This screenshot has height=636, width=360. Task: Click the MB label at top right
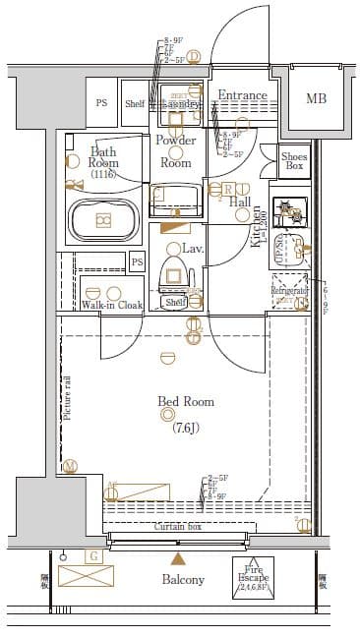[316, 98]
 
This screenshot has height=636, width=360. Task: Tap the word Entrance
[242, 95]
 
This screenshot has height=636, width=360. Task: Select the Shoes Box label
[293, 160]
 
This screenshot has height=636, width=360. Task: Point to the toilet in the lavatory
[176, 273]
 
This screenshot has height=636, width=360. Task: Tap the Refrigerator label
[290, 291]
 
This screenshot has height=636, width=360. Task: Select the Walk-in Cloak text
[111, 306]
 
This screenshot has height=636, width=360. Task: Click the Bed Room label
[186, 402]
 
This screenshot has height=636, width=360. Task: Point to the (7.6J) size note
[186, 428]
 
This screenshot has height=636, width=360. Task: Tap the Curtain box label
[178, 528]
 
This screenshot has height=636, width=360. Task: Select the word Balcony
[183, 579]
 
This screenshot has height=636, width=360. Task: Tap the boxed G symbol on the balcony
[94, 556]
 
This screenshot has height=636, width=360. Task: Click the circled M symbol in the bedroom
[70, 466]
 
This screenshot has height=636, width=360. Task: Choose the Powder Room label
[175, 151]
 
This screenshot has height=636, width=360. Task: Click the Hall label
[240, 202]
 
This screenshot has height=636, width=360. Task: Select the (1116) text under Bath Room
[103, 174]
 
